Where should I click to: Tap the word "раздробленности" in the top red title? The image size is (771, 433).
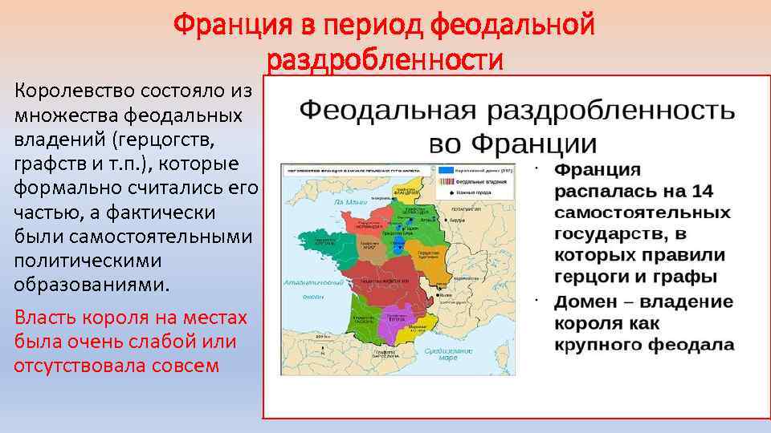click(385, 60)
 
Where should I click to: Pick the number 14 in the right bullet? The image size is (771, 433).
click(701, 192)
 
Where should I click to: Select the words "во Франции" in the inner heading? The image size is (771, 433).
click(512, 144)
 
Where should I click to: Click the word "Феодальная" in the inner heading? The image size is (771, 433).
click(389, 110)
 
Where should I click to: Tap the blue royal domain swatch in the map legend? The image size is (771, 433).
click(446, 172)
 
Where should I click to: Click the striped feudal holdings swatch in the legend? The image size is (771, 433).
click(446, 182)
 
